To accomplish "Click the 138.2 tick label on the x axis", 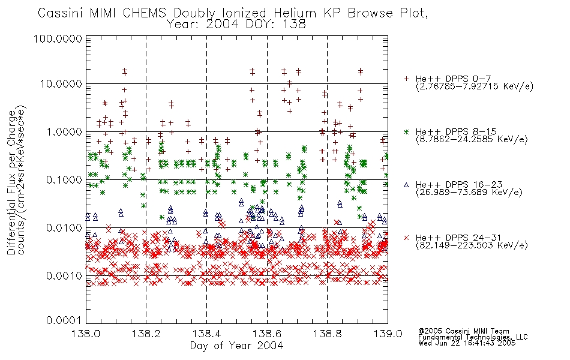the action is click(146, 334).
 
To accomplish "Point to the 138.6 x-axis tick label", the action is click(267, 334).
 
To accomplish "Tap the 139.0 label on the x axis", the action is click(388, 334).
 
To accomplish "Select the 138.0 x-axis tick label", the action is click(86, 334).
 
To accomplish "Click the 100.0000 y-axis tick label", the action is click(58, 38).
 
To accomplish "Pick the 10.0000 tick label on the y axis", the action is click(61, 84).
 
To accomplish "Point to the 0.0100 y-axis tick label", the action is click(64, 228).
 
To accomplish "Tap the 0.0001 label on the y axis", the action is click(64, 320).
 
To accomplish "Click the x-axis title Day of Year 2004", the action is click(236, 346).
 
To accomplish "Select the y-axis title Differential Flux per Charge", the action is click(12, 182).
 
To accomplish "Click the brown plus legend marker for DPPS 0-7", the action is click(406, 79).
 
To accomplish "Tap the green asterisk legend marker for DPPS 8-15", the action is click(406, 131).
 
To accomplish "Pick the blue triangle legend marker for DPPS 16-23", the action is click(406, 185).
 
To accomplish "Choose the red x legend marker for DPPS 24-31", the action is click(406, 238).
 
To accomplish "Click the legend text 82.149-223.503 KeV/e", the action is click(472, 245).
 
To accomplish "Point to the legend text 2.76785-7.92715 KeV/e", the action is click(475, 86).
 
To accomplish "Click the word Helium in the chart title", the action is click(295, 13).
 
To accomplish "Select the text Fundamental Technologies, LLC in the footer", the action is click(473, 337).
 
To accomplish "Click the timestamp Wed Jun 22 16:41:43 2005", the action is click(467, 343).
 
